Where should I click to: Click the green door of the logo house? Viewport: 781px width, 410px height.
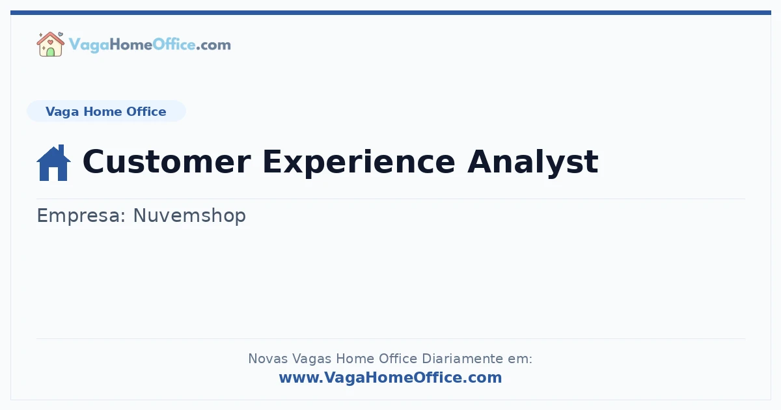pyautogui.click(x=50, y=52)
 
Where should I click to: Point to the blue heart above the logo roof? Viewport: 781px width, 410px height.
pyautogui.click(x=61, y=34)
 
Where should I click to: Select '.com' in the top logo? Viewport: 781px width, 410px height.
pyautogui.click(x=213, y=45)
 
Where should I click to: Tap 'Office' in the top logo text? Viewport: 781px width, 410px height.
pyautogui.click(x=174, y=45)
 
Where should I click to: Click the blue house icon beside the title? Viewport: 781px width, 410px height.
pyautogui.click(x=53, y=163)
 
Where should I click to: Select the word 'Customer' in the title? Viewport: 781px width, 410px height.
pyautogui.click(x=166, y=161)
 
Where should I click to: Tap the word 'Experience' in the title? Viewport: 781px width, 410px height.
pyautogui.click(x=359, y=161)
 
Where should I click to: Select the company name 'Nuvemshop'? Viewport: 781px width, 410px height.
pyautogui.click(x=189, y=215)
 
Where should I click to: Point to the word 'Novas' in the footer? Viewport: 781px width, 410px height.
pyautogui.click(x=267, y=359)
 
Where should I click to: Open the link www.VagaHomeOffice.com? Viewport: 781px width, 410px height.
pyautogui.click(x=390, y=377)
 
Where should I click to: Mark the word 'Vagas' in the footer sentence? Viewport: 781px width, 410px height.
pyautogui.click(x=310, y=359)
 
